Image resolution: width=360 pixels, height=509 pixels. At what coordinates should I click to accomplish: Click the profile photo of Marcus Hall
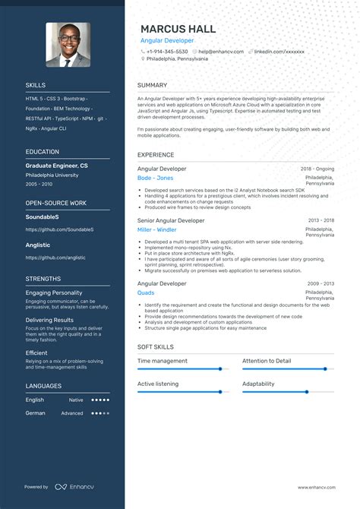(68, 45)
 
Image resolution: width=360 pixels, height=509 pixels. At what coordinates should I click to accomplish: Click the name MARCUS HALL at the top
(178, 29)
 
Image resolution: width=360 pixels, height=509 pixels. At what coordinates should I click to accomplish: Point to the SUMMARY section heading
(152, 85)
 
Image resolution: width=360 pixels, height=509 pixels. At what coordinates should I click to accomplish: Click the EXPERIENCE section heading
(156, 155)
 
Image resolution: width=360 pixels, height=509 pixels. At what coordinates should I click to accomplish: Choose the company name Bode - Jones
(155, 178)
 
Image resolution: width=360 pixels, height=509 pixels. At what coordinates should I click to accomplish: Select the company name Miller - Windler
(156, 229)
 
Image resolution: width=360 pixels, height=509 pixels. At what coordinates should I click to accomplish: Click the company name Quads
(146, 292)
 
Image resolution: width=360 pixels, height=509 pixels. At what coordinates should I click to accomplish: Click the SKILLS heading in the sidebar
(36, 85)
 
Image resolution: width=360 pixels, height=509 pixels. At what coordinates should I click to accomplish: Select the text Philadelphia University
(52, 175)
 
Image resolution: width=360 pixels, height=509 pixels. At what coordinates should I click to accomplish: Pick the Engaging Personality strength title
(54, 292)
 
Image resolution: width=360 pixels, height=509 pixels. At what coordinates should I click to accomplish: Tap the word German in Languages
(35, 413)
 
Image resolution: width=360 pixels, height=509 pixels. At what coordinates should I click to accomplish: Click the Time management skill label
(163, 361)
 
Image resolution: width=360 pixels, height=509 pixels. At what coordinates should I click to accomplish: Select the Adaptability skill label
(258, 384)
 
